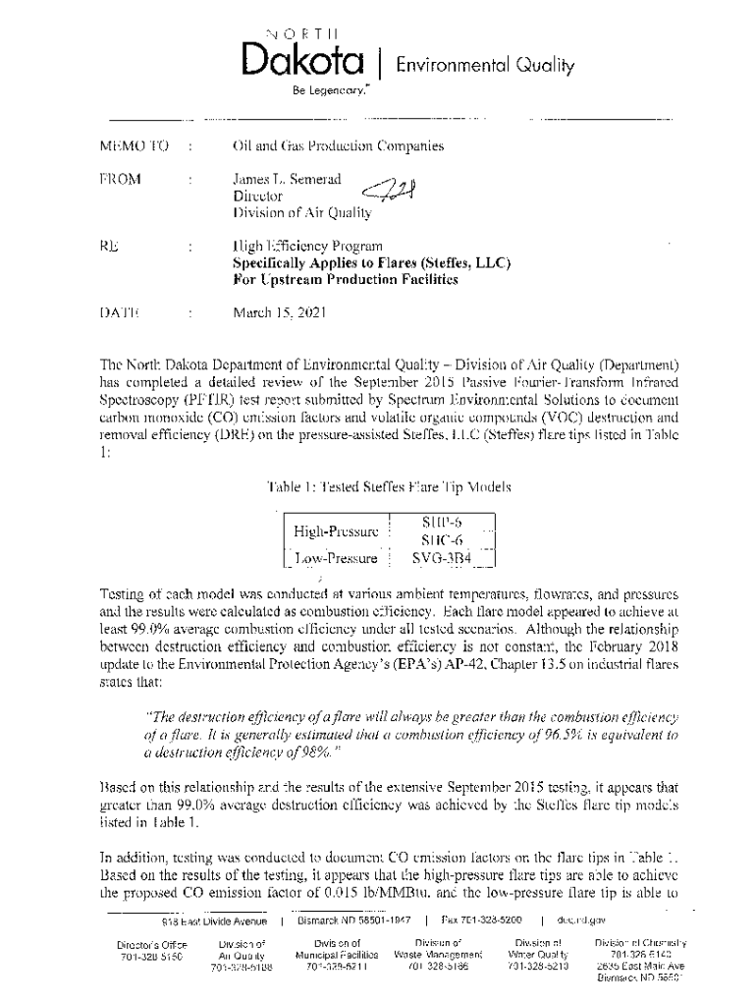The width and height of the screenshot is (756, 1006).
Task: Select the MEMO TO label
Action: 134,147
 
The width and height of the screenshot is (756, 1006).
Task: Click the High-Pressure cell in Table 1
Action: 336,531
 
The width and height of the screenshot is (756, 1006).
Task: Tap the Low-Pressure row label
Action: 336,558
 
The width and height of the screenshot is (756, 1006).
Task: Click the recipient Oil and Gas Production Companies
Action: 338,147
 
